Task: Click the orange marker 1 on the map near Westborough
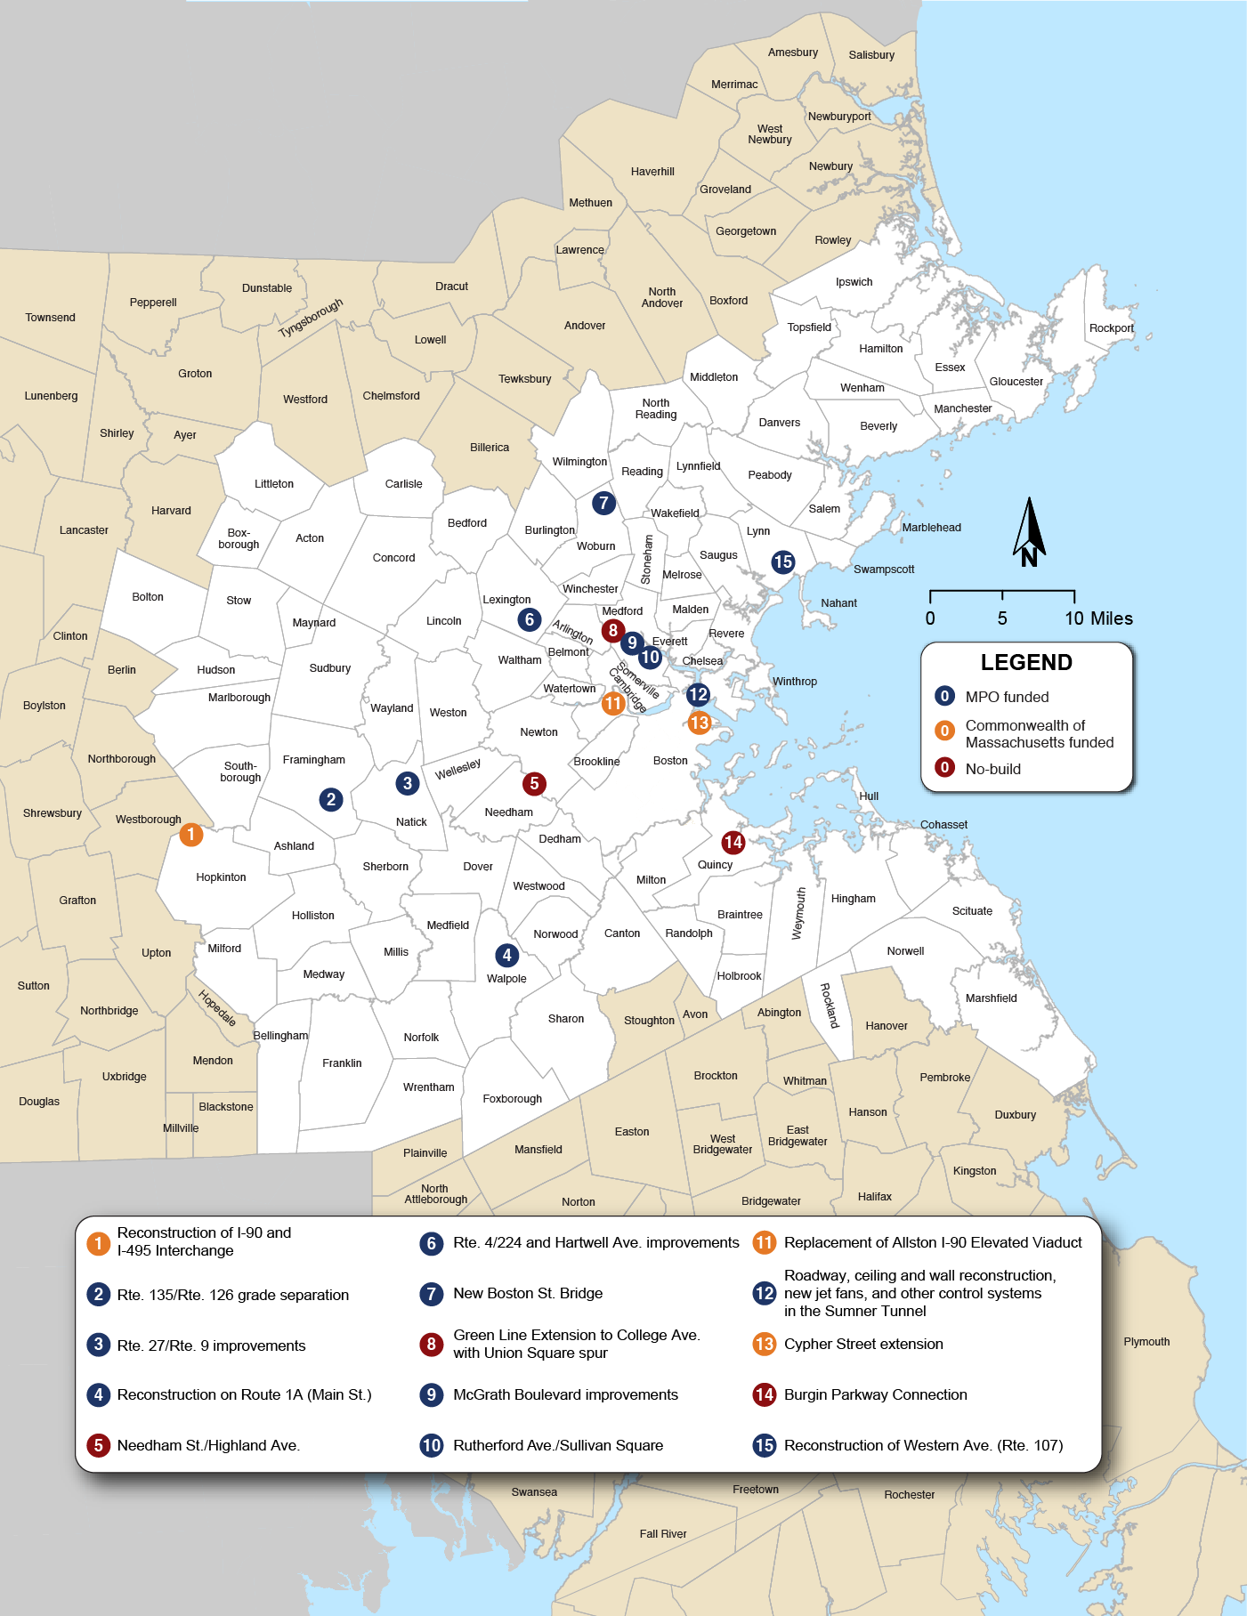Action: click(190, 835)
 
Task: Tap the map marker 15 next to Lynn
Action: click(782, 562)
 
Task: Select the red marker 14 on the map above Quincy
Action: click(733, 842)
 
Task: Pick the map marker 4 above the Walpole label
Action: click(506, 955)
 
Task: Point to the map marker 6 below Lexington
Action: click(530, 619)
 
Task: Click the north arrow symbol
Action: click(1029, 532)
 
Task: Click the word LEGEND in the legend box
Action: click(1026, 662)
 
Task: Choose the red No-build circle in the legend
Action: click(944, 768)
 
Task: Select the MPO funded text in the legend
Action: click(1007, 697)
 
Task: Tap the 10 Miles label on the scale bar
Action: click(1098, 618)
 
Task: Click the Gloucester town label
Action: click(1016, 382)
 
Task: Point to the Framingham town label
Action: click(313, 760)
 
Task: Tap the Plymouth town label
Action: click(1146, 1342)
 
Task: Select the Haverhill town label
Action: click(652, 172)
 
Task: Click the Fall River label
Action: click(663, 1534)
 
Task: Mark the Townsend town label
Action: click(50, 318)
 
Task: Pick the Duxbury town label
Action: click(1015, 1115)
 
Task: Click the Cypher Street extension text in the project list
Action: click(863, 1344)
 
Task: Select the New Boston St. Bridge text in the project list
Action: click(528, 1293)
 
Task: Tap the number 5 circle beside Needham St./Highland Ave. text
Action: click(98, 1445)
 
